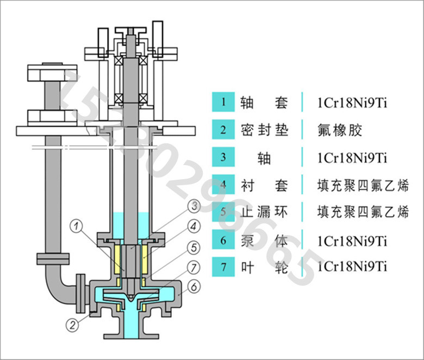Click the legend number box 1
pos(222,102)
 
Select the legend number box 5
pos(222,212)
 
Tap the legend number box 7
pos(222,267)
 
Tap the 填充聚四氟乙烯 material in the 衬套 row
pos(363,185)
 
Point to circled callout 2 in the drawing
pos(71,325)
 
